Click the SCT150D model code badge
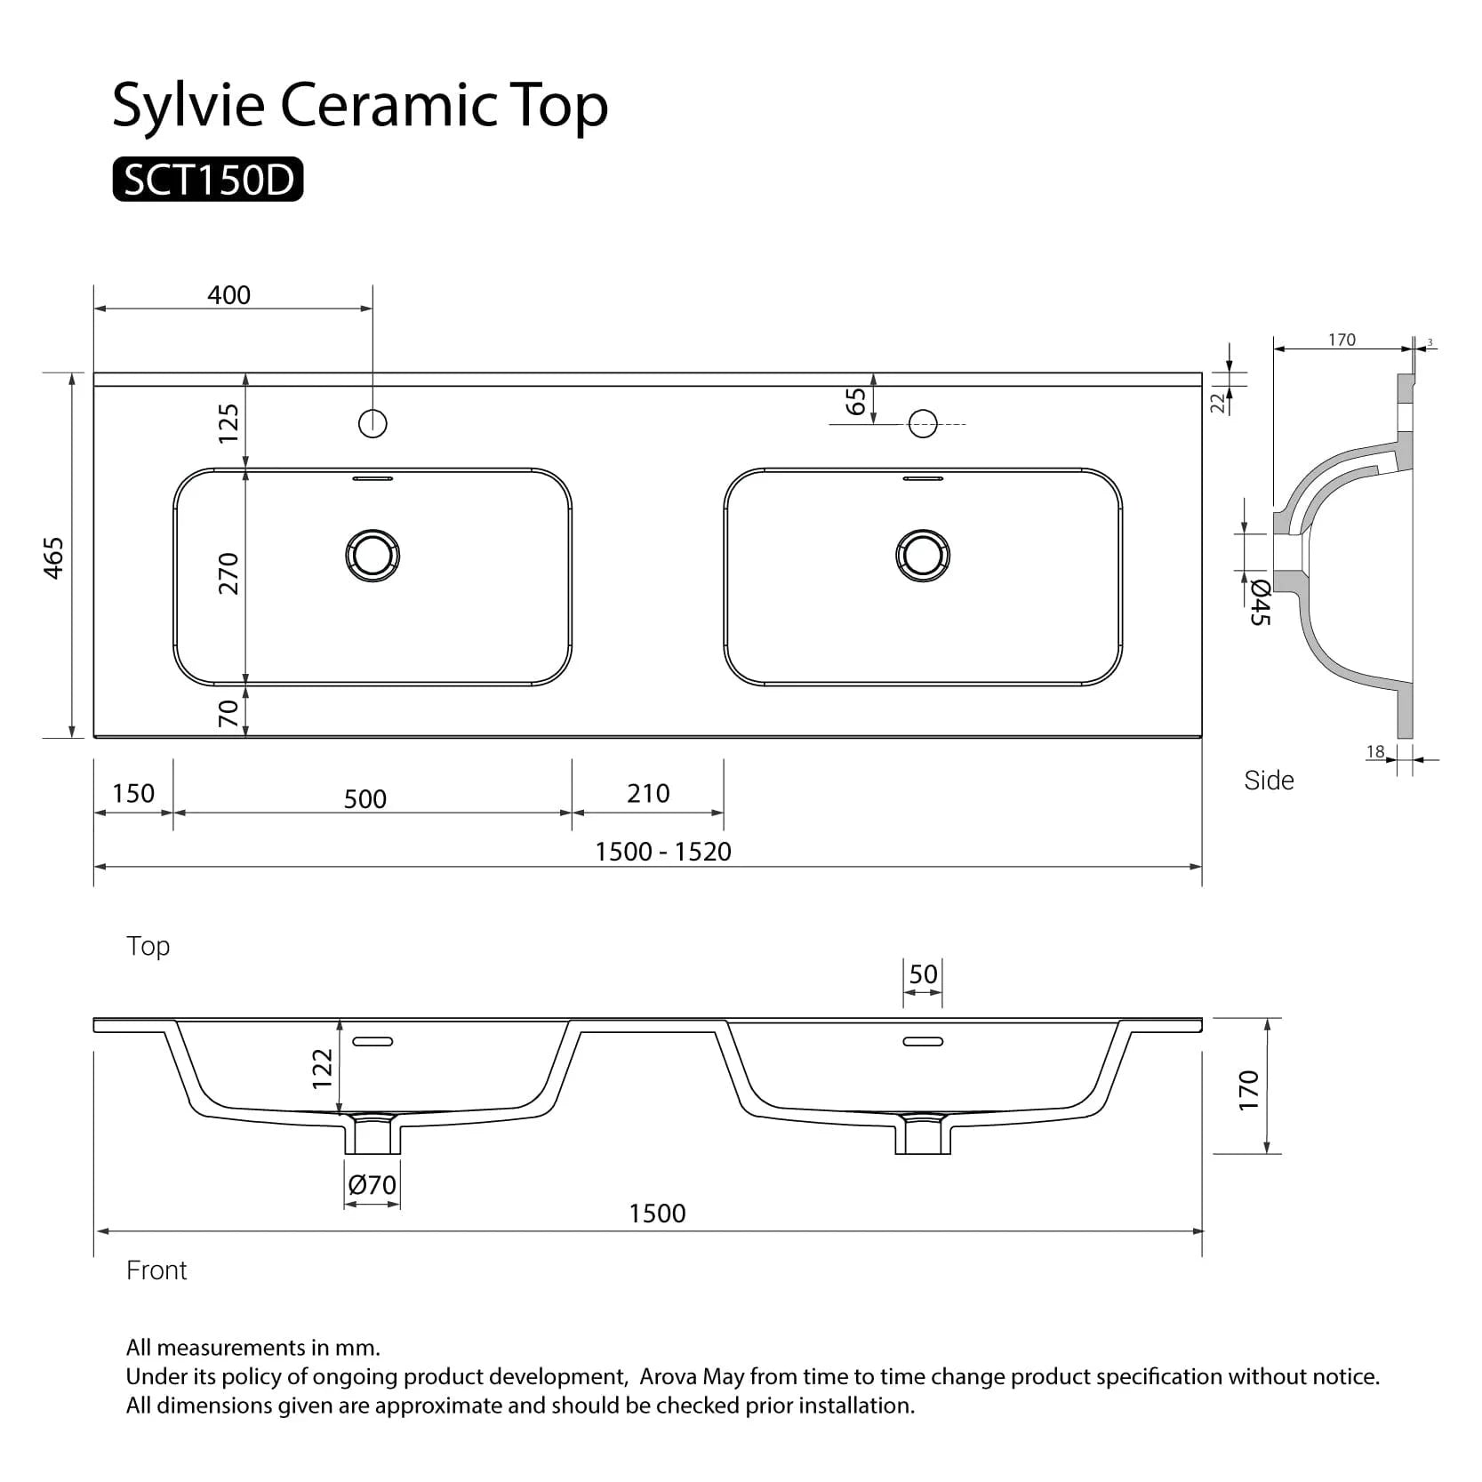coord(207,180)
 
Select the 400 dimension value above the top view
coord(228,295)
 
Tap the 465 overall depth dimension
coord(54,557)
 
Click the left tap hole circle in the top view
coord(373,423)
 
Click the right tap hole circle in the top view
coord(923,423)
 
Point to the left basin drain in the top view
coord(373,556)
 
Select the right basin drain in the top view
coord(923,556)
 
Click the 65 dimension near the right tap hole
coord(856,401)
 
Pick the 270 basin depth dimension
coord(229,573)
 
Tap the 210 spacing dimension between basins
coord(648,793)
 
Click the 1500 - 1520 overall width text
coord(663,852)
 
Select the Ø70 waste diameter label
coord(373,1185)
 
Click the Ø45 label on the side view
coord(1260,602)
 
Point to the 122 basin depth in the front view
coord(322,1069)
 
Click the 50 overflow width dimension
coord(923,974)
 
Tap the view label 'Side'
coord(1269,781)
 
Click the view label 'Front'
coord(156,1270)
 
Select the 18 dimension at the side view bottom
coord(1375,752)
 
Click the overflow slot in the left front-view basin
coord(373,1041)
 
